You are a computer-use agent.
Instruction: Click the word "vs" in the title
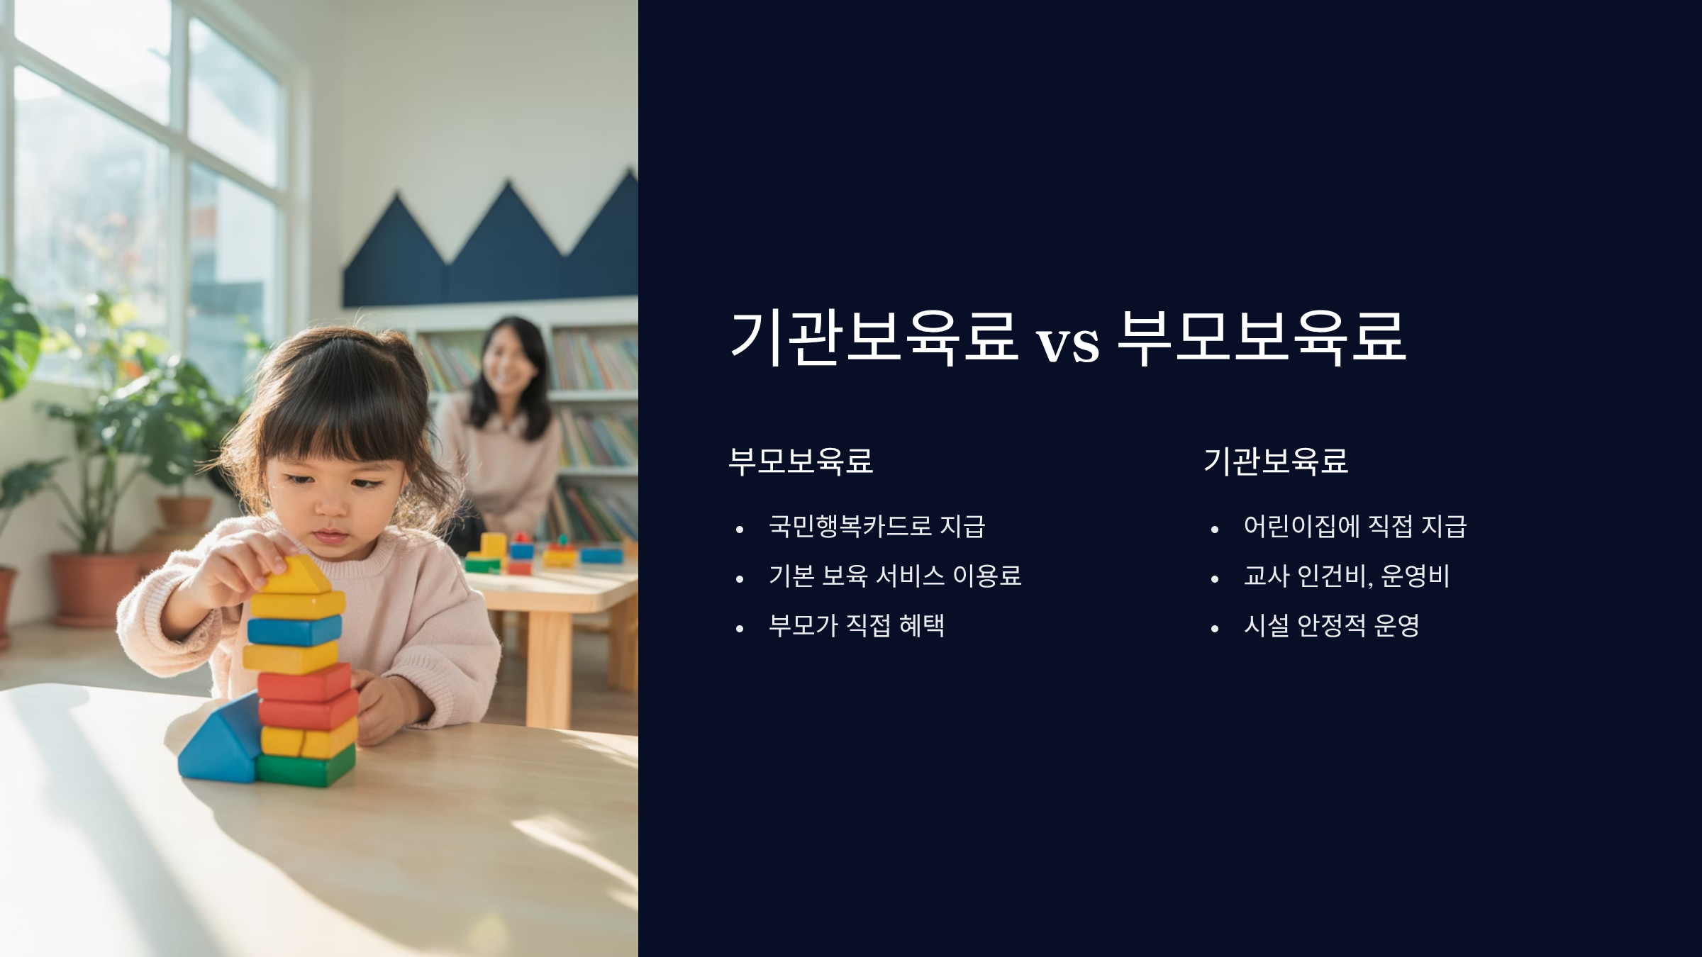point(1068,345)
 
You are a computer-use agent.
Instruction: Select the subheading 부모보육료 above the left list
point(801,461)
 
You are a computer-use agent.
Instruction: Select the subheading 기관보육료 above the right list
point(1276,461)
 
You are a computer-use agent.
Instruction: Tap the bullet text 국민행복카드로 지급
point(877,526)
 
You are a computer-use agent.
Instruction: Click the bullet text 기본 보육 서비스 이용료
point(895,576)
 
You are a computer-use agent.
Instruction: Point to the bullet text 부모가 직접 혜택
point(857,625)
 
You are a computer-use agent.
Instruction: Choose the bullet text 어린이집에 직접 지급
point(1355,526)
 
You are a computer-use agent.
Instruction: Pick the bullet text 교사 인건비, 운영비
point(1347,576)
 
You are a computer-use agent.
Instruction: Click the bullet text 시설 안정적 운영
point(1331,625)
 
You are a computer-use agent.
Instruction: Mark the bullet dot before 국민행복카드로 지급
point(740,529)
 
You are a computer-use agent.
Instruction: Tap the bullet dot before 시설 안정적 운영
point(1215,628)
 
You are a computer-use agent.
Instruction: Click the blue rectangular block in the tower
point(294,630)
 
